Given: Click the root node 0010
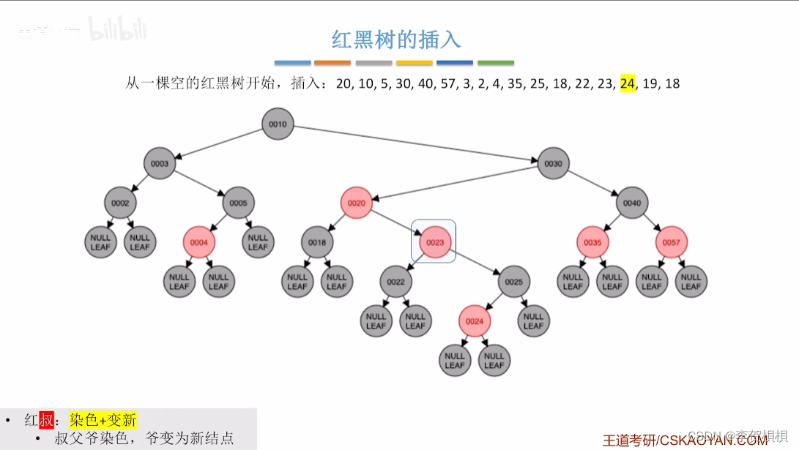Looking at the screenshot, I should pos(278,124).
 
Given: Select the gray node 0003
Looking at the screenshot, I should pos(160,164).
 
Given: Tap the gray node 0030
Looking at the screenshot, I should pos(554,164).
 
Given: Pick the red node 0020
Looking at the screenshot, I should pos(357,203).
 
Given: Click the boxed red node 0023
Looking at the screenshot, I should pos(435,243).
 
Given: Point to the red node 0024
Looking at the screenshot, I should pos(475,321).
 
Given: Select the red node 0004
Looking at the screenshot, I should pos(199,243).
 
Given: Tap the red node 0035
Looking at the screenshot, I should pos(592,243).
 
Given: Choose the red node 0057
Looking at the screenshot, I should pos(672,243).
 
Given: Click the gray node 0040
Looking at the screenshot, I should pos(632,203).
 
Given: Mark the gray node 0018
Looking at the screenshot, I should pos(317,243).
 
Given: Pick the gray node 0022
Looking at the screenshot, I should pos(395,282).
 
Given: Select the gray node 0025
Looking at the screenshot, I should pos(514,282).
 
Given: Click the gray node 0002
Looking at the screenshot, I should pos(120,203).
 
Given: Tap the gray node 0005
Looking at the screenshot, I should pos(239,203).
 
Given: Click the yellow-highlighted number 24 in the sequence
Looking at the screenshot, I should pos(628,83).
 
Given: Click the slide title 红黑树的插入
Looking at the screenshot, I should pos(396,39).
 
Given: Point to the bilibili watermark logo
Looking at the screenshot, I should pos(118,30).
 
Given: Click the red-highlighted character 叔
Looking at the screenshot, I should pos(46,420).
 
